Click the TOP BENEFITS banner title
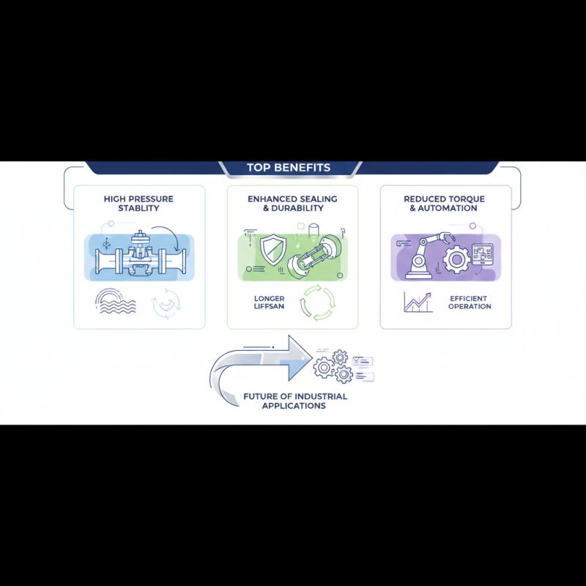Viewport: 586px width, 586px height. click(289, 168)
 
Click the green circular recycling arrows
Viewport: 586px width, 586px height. click(318, 302)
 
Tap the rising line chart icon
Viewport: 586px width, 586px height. click(417, 302)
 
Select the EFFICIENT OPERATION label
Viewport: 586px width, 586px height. click(470, 303)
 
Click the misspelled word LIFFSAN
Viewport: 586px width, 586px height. click(270, 306)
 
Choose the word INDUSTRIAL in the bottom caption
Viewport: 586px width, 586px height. click(320, 396)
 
